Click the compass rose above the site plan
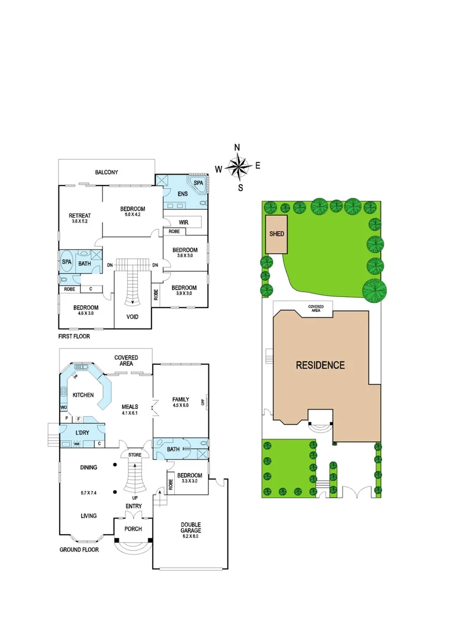(238, 168)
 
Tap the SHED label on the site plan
(276, 234)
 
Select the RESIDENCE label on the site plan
(320, 365)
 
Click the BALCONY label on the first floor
(106, 172)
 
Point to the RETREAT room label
(79, 215)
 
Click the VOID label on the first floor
(133, 317)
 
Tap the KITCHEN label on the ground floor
(84, 395)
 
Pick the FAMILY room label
(180, 400)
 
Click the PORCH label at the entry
(133, 529)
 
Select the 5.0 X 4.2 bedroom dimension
(133, 215)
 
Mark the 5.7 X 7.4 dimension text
(88, 493)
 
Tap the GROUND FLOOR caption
(79, 550)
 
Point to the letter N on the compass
(237, 148)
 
